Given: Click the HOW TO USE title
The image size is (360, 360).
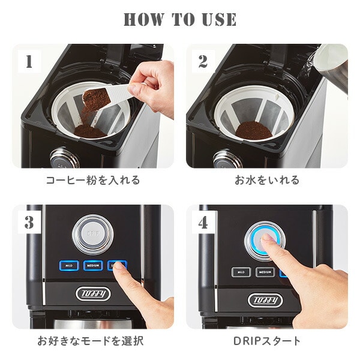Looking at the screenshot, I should [x=180, y=19].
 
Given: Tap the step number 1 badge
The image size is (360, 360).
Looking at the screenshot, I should [x=29, y=61].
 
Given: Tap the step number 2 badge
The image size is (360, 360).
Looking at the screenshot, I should [x=202, y=61].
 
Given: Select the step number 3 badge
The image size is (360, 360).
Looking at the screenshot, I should [x=29, y=222].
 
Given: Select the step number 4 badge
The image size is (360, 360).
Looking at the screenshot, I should [x=202, y=222].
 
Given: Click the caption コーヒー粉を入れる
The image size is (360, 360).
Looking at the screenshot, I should [x=93, y=180].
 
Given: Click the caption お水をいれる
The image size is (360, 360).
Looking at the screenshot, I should [x=266, y=180].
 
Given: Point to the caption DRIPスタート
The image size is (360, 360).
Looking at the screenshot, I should [x=266, y=341].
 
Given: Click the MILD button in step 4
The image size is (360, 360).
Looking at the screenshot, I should [x=241, y=272].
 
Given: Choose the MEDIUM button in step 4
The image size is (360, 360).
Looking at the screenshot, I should [x=265, y=272].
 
